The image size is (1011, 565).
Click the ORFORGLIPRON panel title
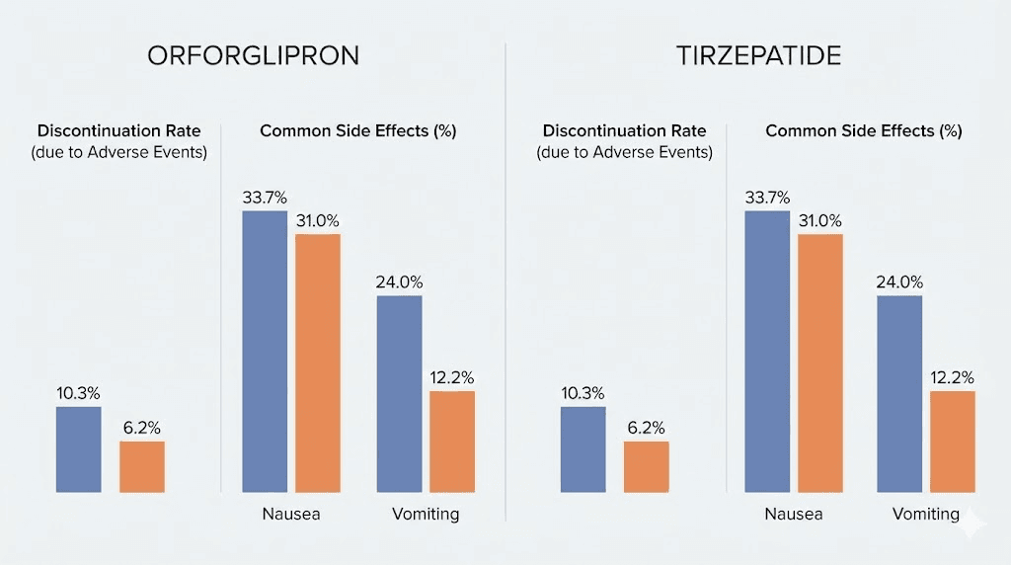[x=253, y=55]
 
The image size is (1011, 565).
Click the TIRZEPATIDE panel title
[x=758, y=55]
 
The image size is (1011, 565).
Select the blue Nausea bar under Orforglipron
[x=265, y=351]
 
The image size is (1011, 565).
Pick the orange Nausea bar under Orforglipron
[x=318, y=363]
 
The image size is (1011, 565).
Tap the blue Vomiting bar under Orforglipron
[x=399, y=393]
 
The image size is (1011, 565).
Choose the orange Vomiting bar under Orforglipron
[x=452, y=442]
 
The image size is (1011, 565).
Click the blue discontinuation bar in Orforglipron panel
[x=79, y=449]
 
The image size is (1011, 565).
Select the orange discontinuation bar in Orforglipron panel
[x=142, y=466]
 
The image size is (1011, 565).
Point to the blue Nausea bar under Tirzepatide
[x=768, y=351]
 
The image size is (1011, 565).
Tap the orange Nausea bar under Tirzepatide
[x=820, y=363]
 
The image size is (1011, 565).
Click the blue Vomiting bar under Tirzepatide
[x=899, y=393]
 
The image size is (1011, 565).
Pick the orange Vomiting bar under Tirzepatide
[x=953, y=442]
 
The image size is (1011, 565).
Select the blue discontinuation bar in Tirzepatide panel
[x=583, y=449]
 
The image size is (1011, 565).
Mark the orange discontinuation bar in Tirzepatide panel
[x=646, y=466]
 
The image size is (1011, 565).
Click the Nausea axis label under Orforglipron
[x=291, y=515]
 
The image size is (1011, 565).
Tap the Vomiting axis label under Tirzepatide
[x=926, y=515]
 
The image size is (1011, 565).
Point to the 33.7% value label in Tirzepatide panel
[x=768, y=198]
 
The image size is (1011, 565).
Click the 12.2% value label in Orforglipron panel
[x=452, y=377]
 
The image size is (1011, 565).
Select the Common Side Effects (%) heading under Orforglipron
[x=358, y=130]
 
